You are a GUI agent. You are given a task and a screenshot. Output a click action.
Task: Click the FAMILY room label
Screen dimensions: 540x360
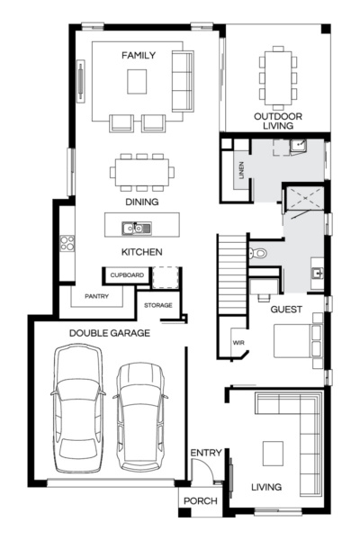pyautogui.click(x=139, y=56)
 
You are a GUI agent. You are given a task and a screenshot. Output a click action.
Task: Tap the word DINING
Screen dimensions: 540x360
pyautogui.click(x=141, y=202)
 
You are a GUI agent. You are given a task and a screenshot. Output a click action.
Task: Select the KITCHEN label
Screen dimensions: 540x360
pyautogui.click(x=141, y=252)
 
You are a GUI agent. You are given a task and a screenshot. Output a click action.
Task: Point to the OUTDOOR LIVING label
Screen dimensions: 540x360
pyautogui.click(x=277, y=121)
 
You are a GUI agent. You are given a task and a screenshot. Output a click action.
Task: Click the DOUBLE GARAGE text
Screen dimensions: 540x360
pyautogui.click(x=110, y=332)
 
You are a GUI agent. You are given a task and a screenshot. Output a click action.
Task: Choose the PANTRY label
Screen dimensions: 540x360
pyautogui.click(x=97, y=295)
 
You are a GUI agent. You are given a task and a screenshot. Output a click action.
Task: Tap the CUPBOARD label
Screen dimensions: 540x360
pyautogui.click(x=127, y=274)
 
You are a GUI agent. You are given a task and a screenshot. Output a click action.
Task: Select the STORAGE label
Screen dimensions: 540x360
pyautogui.click(x=157, y=306)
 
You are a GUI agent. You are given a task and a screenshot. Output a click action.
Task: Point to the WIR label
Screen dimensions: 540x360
pyautogui.click(x=238, y=343)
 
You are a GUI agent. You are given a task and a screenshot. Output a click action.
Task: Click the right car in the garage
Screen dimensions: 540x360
pyautogui.click(x=139, y=417)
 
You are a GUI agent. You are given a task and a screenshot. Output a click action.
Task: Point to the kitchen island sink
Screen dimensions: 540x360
pyautogui.click(x=142, y=228)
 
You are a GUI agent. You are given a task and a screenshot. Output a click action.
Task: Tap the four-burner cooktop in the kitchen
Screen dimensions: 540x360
pyautogui.click(x=66, y=242)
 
